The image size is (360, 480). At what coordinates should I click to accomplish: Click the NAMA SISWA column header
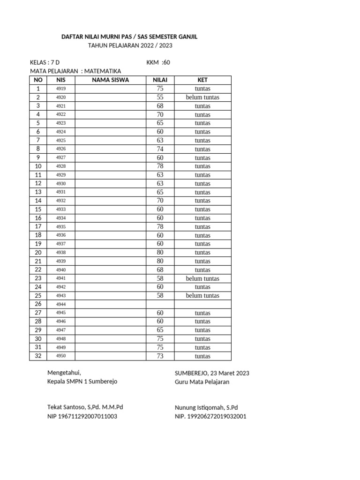pos(110,80)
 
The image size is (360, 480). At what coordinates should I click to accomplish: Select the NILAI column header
pos(160,80)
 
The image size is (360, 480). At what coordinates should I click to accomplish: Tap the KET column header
pos(202,80)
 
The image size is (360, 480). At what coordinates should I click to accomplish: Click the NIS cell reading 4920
pos(61,97)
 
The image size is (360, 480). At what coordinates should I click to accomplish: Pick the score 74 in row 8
pos(160,149)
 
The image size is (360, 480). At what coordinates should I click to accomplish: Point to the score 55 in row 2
pos(160,97)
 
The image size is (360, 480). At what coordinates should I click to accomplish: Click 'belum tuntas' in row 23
pos(202,278)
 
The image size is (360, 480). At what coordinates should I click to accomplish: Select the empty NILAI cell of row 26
pos(160,304)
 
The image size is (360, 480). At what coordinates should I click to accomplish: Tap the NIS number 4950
pos(61,356)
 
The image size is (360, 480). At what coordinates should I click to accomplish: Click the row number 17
pos(38,227)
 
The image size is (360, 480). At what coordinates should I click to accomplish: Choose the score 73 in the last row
pos(160,356)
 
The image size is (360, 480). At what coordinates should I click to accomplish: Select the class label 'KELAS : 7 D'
pos(45,62)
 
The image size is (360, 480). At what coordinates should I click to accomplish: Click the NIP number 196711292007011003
pos(88,416)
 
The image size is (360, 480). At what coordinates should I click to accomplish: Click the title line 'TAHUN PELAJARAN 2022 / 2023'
pos(130,45)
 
